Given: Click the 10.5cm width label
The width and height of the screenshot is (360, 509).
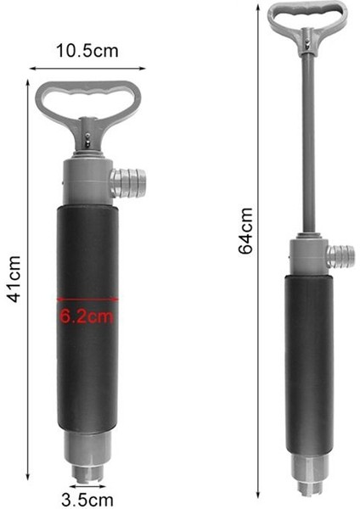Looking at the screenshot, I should (x=87, y=51).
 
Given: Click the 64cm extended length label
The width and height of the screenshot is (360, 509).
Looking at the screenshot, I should (x=245, y=230).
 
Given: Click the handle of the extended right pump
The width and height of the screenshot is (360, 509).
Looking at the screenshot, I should (x=307, y=18).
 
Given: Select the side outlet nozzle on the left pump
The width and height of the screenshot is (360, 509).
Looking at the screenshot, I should (x=128, y=182).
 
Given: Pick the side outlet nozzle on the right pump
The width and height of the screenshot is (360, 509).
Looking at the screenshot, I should (x=341, y=255).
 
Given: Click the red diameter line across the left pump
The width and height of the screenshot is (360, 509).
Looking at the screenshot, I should (x=87, y=299).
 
